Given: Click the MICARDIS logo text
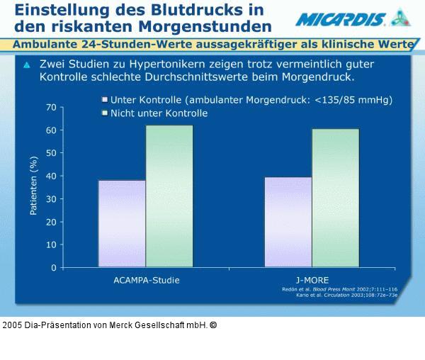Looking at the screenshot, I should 341,19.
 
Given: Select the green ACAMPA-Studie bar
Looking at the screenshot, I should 169,196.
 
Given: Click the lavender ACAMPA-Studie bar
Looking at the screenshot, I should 122,224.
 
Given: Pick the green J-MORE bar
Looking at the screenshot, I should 335,198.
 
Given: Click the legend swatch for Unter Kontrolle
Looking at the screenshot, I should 104,100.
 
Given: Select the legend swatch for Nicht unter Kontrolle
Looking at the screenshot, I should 104,113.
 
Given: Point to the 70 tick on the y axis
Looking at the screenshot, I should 51,108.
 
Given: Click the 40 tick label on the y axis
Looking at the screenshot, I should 51,176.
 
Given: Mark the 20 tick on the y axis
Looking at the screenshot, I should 51,222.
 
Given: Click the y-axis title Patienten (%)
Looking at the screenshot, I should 33,187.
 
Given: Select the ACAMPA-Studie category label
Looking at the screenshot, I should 147,280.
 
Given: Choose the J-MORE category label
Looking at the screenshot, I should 312,280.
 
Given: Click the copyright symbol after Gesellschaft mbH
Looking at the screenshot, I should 213,325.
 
